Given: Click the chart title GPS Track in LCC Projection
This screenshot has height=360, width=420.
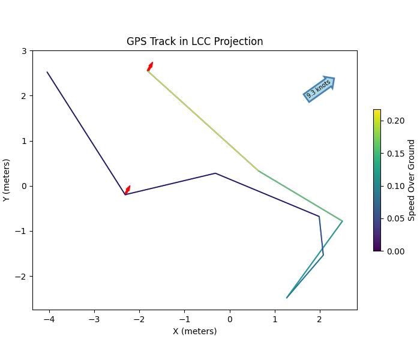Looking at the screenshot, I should tap(194, 41).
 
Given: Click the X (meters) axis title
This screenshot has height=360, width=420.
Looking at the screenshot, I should tap(194, 331).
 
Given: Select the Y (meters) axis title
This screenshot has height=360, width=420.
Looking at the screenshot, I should tap(7, 180).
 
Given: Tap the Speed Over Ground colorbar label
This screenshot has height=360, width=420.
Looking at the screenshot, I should tap(412, 180).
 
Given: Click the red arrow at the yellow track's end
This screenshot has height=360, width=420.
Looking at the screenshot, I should tap(150, 67).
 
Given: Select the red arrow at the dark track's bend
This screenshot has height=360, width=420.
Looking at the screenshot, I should tap(127, 190).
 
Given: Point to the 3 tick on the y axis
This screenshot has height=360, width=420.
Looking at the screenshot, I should tap(24, 51).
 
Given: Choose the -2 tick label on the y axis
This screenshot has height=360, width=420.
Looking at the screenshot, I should tap(22, 277).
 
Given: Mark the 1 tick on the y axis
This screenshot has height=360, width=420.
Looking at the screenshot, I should tap(24, 141).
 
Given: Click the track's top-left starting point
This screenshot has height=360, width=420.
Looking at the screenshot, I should tap(47, 72).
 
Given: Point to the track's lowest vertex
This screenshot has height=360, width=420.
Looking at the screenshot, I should tap(287, 298).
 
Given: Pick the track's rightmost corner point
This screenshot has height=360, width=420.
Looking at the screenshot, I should tap(343, 221).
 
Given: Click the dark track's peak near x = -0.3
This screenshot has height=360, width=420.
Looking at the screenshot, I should tap(215, 173).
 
